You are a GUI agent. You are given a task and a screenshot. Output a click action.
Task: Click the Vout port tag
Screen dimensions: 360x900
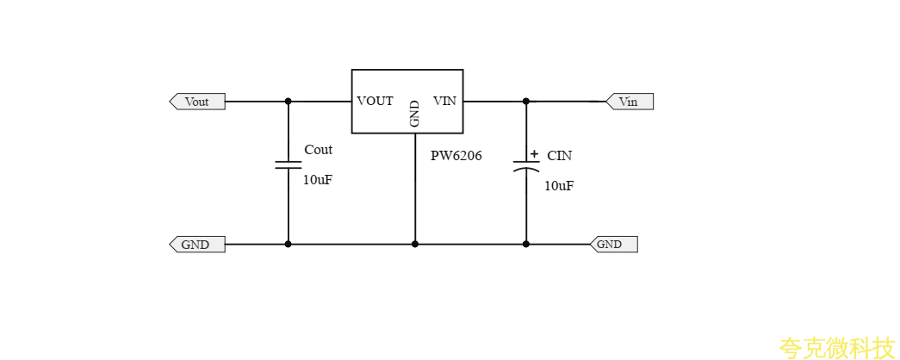(197, 102)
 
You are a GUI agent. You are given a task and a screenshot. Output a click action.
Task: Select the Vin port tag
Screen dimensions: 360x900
(630, 102)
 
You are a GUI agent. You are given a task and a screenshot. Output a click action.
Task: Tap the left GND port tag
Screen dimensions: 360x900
(196, 245)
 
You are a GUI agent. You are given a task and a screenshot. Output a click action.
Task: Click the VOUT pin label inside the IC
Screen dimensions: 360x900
(375, 102)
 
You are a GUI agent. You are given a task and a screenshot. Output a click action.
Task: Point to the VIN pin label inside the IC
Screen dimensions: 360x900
(444, 102)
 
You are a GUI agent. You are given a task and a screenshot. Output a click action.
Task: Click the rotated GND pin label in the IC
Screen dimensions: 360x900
(414, 114)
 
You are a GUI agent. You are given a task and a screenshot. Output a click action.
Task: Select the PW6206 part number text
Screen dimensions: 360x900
(456, 157)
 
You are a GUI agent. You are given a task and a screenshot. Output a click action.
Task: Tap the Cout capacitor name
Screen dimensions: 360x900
(318, 150)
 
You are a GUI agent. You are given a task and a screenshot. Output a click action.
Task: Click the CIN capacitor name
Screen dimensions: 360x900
(559, 156)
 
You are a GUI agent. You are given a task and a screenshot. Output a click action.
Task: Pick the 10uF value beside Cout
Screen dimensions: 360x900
(317, 180)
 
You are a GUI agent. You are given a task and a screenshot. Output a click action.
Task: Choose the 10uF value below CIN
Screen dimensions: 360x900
(558, 186)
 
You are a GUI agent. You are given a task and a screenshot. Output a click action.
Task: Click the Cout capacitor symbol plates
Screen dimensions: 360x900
(288, 164)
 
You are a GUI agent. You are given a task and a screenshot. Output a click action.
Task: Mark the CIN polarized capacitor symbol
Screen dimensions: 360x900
(526, 166)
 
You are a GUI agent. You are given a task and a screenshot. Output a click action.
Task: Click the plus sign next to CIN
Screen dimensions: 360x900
(534, 154)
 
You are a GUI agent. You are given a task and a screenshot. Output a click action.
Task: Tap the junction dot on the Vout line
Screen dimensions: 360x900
(288, 102)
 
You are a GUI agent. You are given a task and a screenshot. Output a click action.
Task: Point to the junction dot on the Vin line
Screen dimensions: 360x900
(526, 102)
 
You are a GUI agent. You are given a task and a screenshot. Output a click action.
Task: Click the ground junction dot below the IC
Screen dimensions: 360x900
(414, 245)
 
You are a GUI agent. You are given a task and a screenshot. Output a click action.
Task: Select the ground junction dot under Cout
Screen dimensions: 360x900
(288, 245)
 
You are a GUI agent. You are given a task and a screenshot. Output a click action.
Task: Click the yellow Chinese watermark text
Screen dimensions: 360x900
(837, 348)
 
